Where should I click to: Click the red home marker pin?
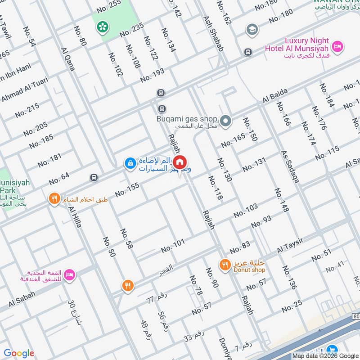(x=180, y=162)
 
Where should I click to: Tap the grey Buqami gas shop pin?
(x=226, y=121)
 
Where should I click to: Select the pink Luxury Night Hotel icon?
(x=337, y=46)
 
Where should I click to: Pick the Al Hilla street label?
(x=75, y=216)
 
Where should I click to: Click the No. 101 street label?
(x=173, y=246)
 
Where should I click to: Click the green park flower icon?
(x=102, y=27)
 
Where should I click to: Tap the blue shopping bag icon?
(x=129, y=162)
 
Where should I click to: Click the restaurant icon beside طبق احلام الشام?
(x=54, y=198)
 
